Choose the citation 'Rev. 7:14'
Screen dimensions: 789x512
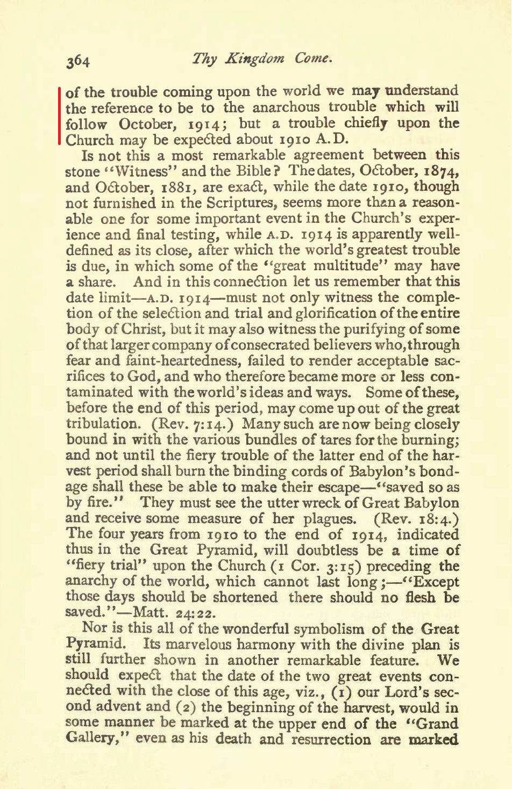(x=195, y=424)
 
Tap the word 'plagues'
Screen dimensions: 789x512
(x=329, y=519)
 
